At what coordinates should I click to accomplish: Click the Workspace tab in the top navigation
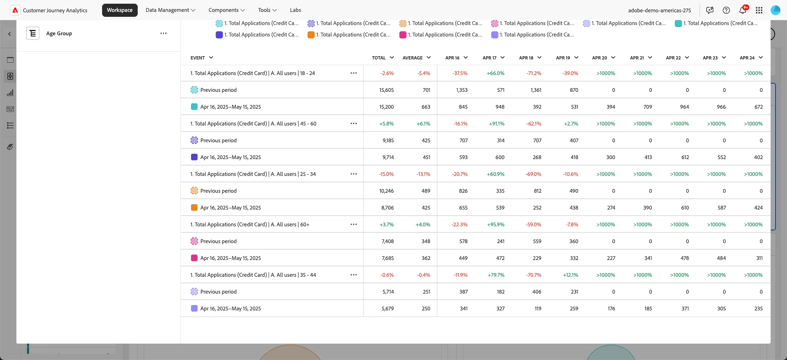pyautogui.click(x=120, y=10)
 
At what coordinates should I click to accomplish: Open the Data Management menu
pyautogui.click(x=171, y=10)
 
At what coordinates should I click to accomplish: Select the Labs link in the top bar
pyautogui.click(x=296, y=10)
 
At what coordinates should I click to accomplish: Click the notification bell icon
pyautogui.click(x=743, y=10)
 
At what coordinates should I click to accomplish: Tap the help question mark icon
pyautogui.click(x=726, y=10)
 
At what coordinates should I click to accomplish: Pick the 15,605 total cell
pyautogui.click(x=387, y=90)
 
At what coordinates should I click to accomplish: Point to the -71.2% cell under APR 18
pyautogui.click(x=534, y=73)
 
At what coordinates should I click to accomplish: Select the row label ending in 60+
pyautogui.click(x=250, y=225)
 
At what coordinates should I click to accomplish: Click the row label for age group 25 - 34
pyautogui.click(x=253, y=174)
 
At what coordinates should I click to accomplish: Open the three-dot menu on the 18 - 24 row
pyautogui.click(x=354, y=73)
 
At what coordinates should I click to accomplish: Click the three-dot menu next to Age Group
pyautogui.click(x=164, y=33)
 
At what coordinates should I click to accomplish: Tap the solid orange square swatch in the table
pyautogui.click(x=194, y=208)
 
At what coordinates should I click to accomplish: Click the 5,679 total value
pyautogui.click(x=387, y=309)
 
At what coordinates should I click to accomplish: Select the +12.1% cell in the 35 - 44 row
pyautogui.click(x=571, y=275)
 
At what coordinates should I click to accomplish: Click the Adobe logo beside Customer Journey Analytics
pyautogui.click(x=15, y=10)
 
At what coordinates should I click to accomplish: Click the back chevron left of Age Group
pyautogui.click(x=9, y=34)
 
